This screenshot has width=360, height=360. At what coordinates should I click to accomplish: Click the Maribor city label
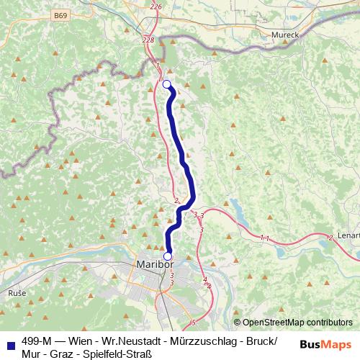[x=156, y=266]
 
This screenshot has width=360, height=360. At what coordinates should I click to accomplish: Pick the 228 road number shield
[x=149, y=40]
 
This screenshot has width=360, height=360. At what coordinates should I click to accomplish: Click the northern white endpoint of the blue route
[x=167, y=85]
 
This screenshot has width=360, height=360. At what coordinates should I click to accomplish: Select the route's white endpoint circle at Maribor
[x=168, y=256]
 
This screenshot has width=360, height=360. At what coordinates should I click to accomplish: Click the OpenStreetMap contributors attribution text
[x=296, y=323]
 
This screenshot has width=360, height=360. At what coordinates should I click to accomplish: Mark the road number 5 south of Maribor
[x=193, y=322]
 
